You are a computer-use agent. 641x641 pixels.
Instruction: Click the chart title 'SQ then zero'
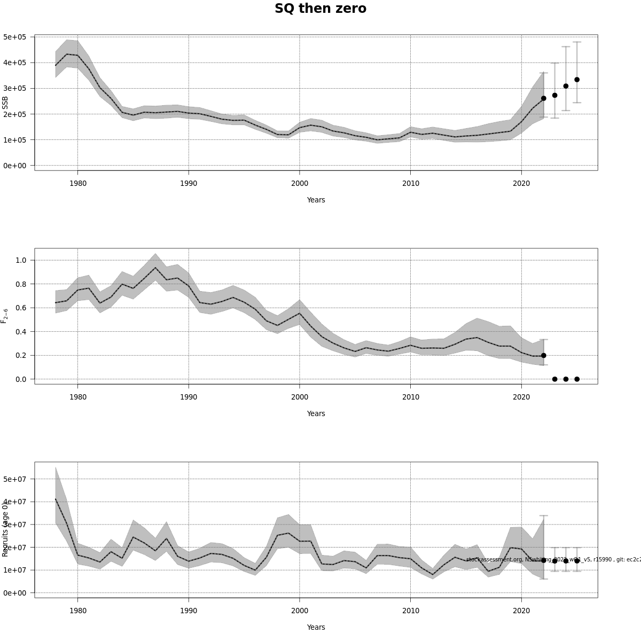pyautogui.click(x=320, y=9)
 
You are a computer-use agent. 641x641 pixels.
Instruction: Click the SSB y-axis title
pyautogui.click(x=5, y=103)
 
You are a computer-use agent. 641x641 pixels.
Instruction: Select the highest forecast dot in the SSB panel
pyautogui.click(x=577, y=80)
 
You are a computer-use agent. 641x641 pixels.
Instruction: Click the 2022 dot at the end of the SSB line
pyautogui.click(x=543, y=98)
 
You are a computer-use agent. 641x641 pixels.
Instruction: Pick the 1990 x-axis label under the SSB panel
pyautogui.click(x=189, y=183)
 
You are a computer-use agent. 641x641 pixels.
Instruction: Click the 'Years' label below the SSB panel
pyautogui.click(x=316, y=200)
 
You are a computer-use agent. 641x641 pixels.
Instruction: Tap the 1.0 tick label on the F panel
pyautogui.click(x=21, y=260)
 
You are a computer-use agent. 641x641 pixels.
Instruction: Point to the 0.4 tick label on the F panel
pyautogui.click(x=21, y=332)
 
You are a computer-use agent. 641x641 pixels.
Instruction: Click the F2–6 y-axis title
pyautogui.click(x=5, y=316)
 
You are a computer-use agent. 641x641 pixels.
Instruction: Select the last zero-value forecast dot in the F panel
pyautogui.click(x=577, y=379)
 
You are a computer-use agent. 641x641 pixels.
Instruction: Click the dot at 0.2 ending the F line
pyautogui.click(x=543, y=355)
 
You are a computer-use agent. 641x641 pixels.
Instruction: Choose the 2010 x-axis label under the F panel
pyautogui.click(x=410, y=397)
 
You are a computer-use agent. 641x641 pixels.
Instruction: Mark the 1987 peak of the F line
pyautogui.click(x=155, y=268)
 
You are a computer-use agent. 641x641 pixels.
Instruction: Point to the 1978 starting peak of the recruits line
pyautogui.click(x=56, y=499)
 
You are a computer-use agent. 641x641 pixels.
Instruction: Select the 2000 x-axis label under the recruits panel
pyautogui.click(x=299, y=611)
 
